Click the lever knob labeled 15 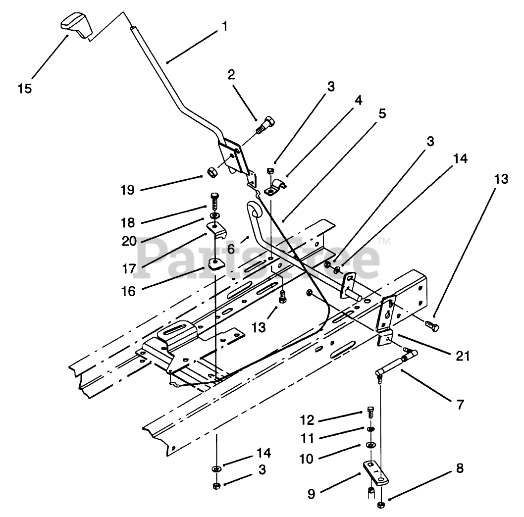[76, 24]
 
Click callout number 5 [382, 113]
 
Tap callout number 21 [463, 356]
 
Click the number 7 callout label [461, 405]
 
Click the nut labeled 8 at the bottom [380, 505]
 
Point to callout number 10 [307, 459]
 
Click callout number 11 [307, 438]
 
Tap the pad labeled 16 [216, 264]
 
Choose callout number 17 [129, 269]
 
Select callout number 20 [129, 241]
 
